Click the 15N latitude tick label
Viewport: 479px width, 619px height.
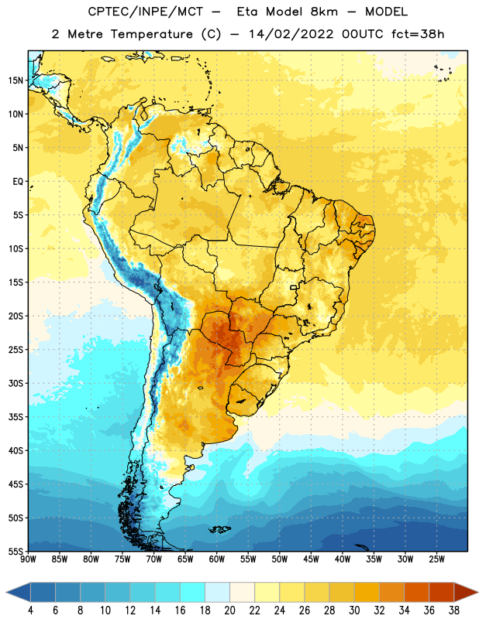pyautogui.click(x=16, y=80)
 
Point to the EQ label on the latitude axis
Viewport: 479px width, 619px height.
pyautogui.click(x=18, y=182)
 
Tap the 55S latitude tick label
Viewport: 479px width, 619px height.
pyautogui.click(x=16, y=551)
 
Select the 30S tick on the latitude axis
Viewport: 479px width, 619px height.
pyautogui.click(x=16, y=383)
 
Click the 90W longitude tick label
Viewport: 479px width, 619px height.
pyautogui.click(x=29, y=559)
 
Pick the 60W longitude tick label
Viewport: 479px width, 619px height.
pyautogui.click(x=217, y=559)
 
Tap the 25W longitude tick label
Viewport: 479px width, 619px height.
pyautogui.click(x=436, y=559)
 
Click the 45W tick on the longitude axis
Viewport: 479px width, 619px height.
pyautogui.click(x=311, y=559)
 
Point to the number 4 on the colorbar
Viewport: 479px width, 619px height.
pyautogui.click(x=30, y=610)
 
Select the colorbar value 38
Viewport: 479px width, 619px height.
pyautogui.click(x=454, y=610)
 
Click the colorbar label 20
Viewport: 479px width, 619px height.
pyautogui.click(x=229, y=610)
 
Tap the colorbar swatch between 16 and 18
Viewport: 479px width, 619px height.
pyautogui.click(x=192, y=593)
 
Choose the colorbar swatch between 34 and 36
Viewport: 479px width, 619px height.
pyautogui.click(x=416, y=593)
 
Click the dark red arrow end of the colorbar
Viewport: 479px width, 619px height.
pyautogui.click(x=465, y=593)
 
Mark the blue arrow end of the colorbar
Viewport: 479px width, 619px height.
pyautogui.click(x=19, y=593)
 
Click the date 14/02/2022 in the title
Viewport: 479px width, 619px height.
pyautogui.click(x=291, y=34)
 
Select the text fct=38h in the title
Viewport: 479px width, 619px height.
pyautogui.click(x=418, y=34)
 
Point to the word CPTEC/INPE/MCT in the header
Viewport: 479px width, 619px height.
pyautogui.click(x=146, y=12)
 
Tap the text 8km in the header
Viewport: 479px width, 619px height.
pyautogui.click(x=324, y=12)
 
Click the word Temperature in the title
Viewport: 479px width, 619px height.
pyautogui.click(x=151, y=34)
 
